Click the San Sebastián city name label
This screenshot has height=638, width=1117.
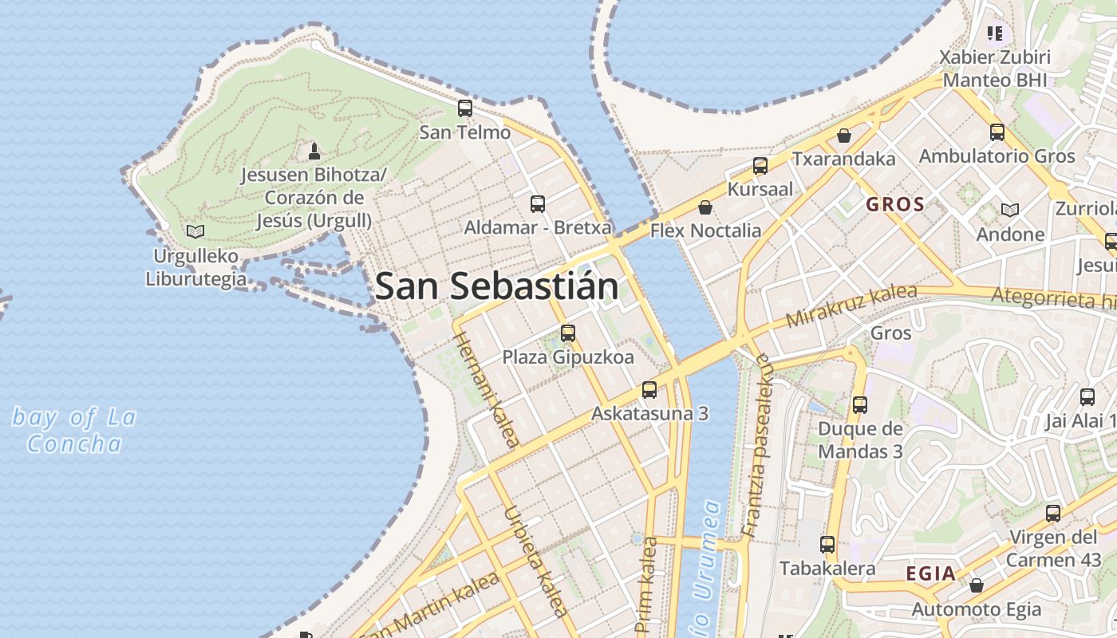click(496, 286)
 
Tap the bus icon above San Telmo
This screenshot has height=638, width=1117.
click(465, 108)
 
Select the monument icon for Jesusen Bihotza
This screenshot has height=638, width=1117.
click(314, 151)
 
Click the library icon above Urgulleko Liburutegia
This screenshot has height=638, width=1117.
click(195, 232)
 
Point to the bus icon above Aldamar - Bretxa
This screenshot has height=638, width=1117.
click(538, 204)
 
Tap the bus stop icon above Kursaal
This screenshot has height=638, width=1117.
click(760, 166)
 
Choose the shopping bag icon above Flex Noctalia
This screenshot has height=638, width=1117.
click(705, 208)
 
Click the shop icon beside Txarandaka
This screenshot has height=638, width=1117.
click(844, 136)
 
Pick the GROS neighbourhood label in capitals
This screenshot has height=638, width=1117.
click(895, 204)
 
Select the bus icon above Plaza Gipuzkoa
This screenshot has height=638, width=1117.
click(568, 333)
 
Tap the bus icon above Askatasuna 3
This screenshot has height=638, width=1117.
click(649, 390)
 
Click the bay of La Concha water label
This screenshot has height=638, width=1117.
click(74, 431)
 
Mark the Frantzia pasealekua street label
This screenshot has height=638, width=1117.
click(757, 444)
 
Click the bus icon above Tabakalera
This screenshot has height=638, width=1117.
click(827, 545)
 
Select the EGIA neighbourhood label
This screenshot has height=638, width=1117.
click(930, 573)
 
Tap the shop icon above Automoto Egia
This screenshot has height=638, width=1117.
click(976, 586)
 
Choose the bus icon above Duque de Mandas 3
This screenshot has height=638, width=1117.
click(860, 405)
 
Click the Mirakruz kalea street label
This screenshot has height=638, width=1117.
click(851, 305)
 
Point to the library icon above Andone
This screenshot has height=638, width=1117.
click(1010, 211)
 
